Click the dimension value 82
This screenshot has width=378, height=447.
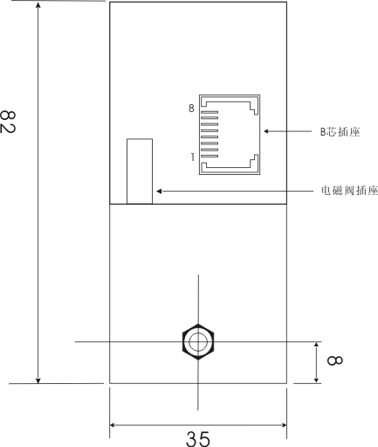[7, 122]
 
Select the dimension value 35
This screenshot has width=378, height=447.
[198, 439]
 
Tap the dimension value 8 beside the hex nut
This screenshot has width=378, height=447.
[334, 360]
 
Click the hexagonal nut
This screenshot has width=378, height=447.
[198, 342]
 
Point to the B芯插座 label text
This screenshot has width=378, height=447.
[340, 132]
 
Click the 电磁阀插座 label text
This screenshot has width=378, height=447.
[349, 191]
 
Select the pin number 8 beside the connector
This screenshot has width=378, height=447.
[191, 108]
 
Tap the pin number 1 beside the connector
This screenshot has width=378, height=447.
[192, 157]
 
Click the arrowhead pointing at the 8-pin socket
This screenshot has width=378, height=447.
[266, 131]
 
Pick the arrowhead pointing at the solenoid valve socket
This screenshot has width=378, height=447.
[159, 192]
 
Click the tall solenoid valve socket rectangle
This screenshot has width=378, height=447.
[140, 171]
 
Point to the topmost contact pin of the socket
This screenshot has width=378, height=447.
[210, 112]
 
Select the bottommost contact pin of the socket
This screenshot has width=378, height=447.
[210, 156]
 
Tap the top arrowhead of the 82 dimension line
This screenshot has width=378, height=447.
[38, 4]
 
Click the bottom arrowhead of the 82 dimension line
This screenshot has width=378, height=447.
[38, 381]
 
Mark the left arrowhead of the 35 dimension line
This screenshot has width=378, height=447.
[113, 425]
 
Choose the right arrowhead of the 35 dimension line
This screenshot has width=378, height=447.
[284, 425]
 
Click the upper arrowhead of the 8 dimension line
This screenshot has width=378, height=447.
[316, 345]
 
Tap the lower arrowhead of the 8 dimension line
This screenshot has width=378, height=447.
[316, 381]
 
